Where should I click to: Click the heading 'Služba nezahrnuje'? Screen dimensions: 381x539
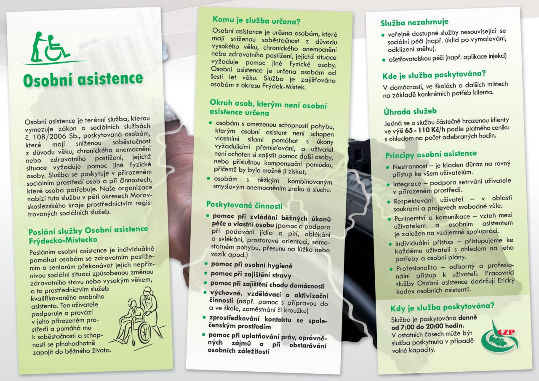tap(414, 22)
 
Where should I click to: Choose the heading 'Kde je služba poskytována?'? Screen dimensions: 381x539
tap(434, 76)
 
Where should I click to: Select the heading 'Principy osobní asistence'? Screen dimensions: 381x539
tap(431, 155)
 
